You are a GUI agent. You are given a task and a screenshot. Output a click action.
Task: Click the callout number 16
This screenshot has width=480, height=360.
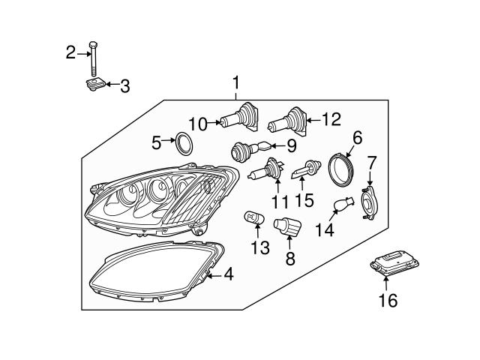[x=388, y=301]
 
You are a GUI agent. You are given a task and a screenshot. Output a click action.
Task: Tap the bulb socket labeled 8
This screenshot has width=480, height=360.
[x=286, y=226]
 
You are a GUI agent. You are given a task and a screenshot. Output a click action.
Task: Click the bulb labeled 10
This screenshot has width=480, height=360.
[x=241, y=118]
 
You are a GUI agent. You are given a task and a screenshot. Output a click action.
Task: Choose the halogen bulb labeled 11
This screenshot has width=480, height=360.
[x=263, y=173]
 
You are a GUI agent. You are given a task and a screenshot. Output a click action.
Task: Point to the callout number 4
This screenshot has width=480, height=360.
[x=228, y=275]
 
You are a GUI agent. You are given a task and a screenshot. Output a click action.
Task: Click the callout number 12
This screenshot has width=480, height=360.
[x=331, y=118]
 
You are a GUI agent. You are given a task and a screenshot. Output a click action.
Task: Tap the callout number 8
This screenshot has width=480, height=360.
[x=290, y=259]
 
